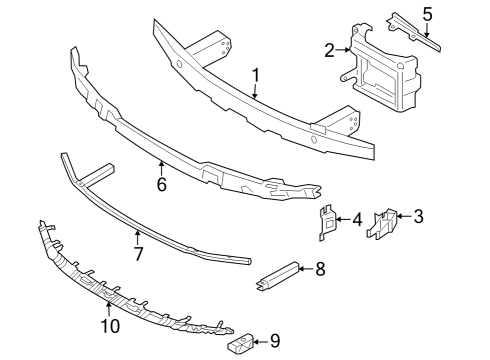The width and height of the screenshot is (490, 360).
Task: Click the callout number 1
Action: [x=256, y=74]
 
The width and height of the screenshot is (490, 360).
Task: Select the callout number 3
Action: [x=419, y=215]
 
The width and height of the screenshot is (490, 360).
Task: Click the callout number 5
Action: [x=427, y=14]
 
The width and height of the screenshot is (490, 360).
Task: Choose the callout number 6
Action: [x=161, y=184]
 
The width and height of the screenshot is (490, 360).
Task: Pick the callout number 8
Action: [x=320, y=268]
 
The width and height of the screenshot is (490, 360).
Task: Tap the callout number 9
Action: [x=275, y=343]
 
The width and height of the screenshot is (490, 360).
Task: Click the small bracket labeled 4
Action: [x=326, y=222]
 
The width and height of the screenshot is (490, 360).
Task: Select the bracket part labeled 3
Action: [x=382, y=225]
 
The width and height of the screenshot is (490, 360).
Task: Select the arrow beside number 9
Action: [x=262, y=343]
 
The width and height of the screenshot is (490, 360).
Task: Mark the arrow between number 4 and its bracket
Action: [x=343, y=218]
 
